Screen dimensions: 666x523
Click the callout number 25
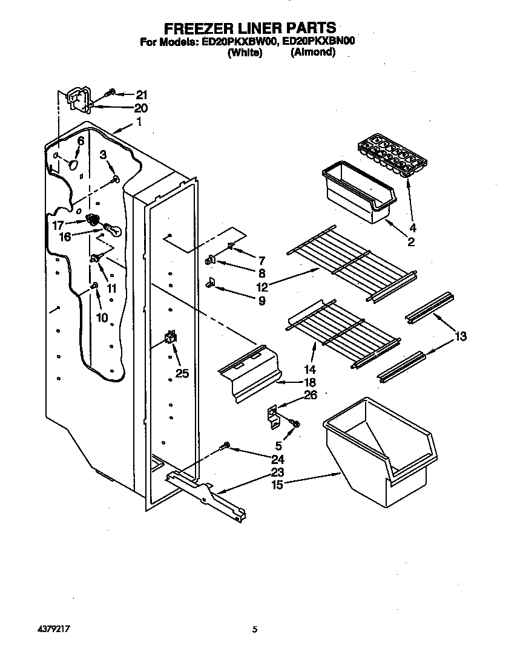[182, 373]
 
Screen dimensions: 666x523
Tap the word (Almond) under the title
[312, 53]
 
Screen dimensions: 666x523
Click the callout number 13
[461, 336]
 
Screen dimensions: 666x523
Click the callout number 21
[141, 94]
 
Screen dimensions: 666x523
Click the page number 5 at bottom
[255, 630]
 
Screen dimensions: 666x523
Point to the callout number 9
[261, 300]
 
